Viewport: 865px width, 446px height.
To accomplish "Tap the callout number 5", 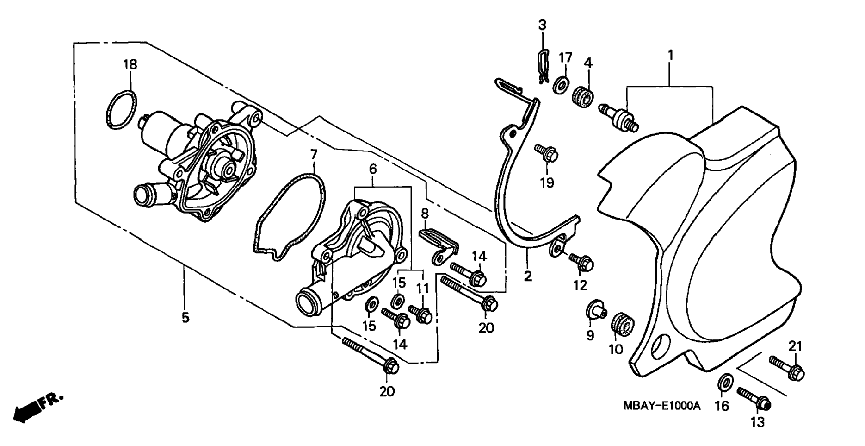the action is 185,318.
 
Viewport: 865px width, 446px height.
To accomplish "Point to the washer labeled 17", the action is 562,84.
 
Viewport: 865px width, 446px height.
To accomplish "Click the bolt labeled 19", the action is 547,154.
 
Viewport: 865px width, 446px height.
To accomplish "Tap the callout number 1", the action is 670,55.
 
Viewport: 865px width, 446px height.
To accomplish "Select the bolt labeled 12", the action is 581,263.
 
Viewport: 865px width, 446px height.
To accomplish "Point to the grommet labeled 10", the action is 622,324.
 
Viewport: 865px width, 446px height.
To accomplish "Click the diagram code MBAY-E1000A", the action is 662,406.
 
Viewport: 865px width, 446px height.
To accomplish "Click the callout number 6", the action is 373,170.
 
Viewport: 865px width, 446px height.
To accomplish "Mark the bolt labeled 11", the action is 420,314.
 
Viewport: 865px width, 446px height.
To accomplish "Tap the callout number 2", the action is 528,276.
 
